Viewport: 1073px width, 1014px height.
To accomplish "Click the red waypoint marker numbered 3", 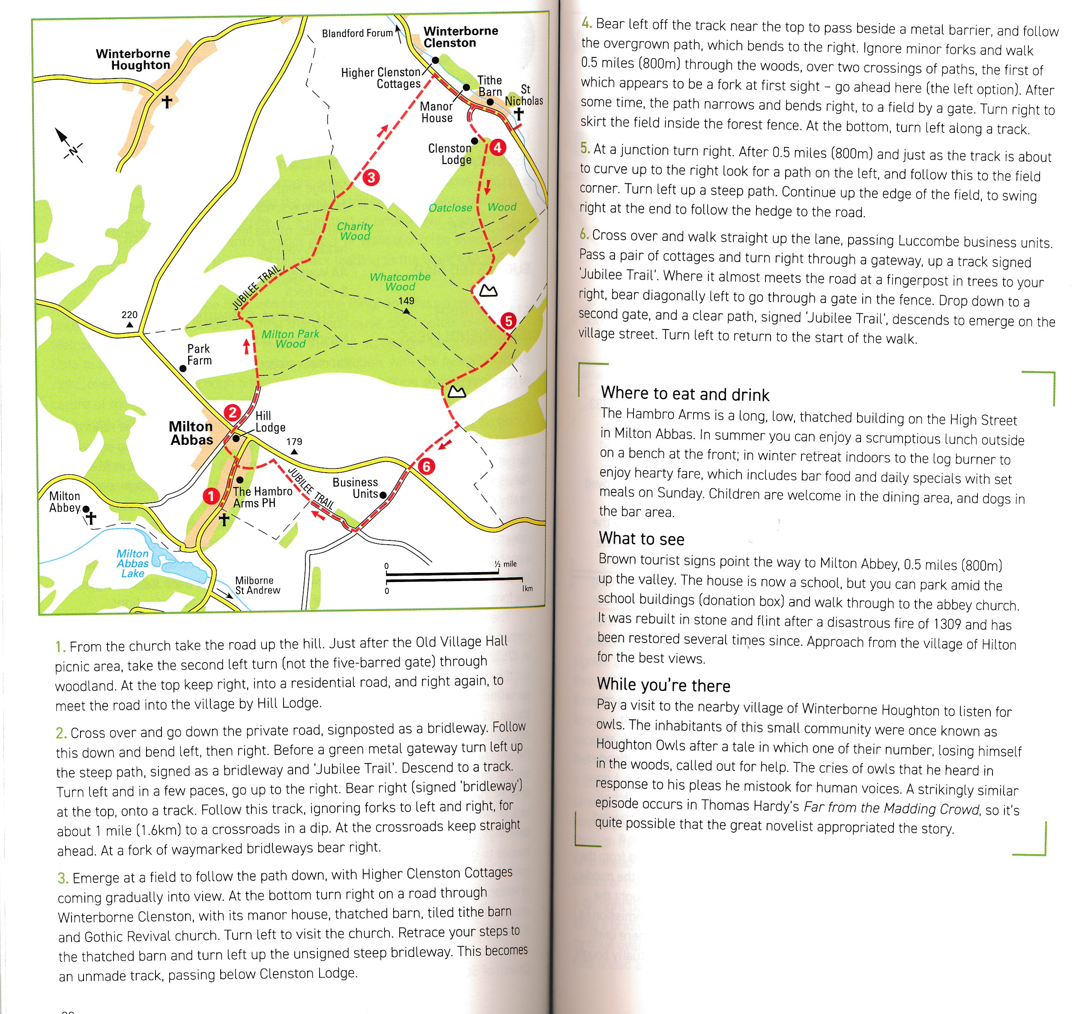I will click(371, 177).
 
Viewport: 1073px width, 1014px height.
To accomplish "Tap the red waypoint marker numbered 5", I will click(508, 321).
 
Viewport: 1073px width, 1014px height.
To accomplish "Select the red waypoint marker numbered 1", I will click(211, 496).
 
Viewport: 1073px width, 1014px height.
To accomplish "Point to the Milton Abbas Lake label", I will click(132, 563).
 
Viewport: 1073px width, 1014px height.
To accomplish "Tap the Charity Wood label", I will click(355, 231).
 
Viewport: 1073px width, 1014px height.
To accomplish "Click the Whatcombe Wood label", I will click(400, 282).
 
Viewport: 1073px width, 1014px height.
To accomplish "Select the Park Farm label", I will click(199, 354).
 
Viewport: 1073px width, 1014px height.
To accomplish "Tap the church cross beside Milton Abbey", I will click(91, 518).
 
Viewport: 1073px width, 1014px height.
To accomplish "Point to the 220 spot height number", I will click(129, 315).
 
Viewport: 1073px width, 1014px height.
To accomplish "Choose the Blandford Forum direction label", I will click(357, 33).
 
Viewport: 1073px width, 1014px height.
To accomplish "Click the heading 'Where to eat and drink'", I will click(684, 393).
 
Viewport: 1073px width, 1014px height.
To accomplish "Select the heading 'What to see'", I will click(641, 538).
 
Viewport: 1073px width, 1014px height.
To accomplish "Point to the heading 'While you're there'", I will click(664, 685).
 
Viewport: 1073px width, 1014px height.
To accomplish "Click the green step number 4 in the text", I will click(586, 23).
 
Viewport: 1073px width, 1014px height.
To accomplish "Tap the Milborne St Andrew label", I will click(257, 585).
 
